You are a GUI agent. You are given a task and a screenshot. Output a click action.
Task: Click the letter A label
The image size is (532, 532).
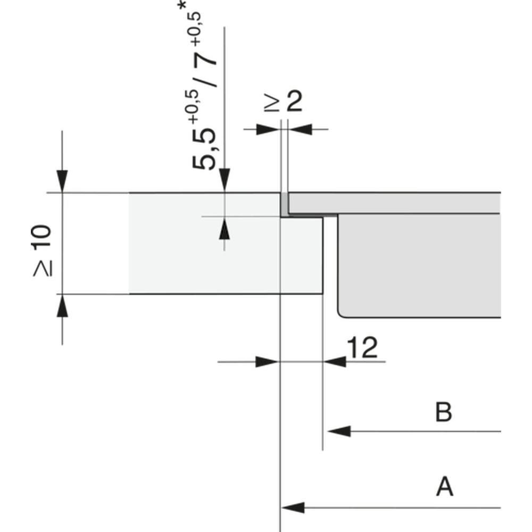point(444,486)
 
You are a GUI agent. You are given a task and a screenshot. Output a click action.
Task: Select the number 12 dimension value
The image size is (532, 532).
point(363,347)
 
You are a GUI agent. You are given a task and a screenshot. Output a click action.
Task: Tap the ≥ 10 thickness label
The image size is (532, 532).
point(43,251)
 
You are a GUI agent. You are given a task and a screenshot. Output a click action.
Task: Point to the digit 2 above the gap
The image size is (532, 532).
point(294,101)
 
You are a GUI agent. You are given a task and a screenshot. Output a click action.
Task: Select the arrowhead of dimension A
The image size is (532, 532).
point(293,508)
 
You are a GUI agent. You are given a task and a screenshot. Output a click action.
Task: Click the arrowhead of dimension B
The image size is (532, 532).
point(339,431)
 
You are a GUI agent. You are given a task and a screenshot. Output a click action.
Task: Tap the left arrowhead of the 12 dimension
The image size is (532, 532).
point(267,362)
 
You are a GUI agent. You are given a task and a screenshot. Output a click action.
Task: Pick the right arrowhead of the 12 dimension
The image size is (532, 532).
point(335,362)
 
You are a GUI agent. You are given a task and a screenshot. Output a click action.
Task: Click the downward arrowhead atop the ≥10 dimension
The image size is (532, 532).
point(62,181)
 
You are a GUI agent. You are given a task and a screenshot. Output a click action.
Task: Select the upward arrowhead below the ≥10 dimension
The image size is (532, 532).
point(62,306)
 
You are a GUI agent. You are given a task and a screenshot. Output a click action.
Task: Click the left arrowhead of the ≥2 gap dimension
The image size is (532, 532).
point(268,129)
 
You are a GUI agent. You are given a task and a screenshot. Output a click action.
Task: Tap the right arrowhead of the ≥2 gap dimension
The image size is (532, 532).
point(300,129)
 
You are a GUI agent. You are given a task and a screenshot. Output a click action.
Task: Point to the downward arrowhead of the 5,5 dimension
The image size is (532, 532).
point(225,180)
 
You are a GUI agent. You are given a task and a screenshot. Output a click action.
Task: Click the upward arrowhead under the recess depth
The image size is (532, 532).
point(225,228)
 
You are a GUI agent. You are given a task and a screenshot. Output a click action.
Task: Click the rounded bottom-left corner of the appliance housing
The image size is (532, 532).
point(340,314)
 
